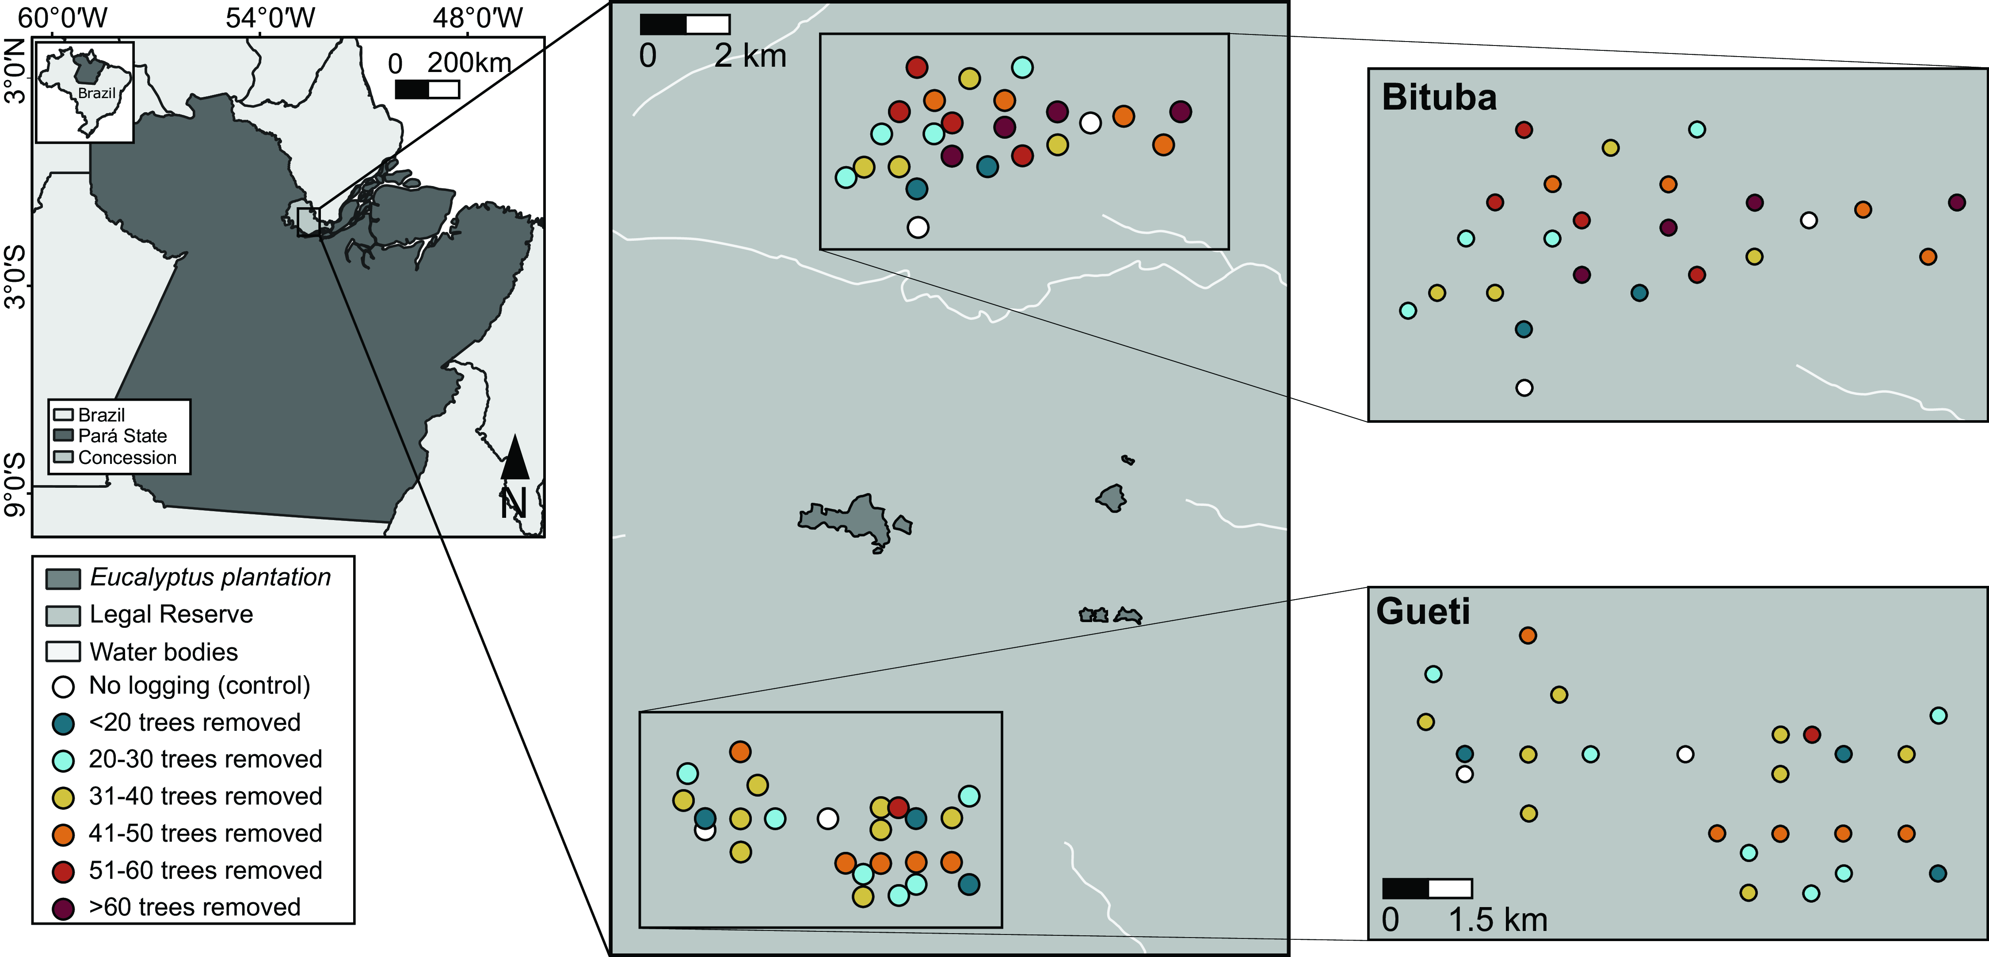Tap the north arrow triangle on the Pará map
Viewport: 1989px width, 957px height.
pyautogui.click(x=515, y=458)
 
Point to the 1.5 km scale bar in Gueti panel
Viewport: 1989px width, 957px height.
pyautogui.click(x=1427, y=889)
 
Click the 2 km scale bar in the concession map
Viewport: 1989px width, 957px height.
pyautogui.click(x=685, y=25)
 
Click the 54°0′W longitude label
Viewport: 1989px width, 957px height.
pyautogui.click(x=270, y=17)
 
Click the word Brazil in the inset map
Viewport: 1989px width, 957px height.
pyautogui.click(x=96, y=93)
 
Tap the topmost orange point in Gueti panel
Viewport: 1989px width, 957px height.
pyautogui.click(x=1527, y=635)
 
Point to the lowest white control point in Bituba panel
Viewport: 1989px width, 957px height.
pyautogui.click(x=1524, y=387)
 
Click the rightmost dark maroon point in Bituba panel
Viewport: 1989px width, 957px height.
pyautogui.click(x=1956, y=202)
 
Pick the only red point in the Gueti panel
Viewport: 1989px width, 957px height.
pyautogui.click(x=1811, y=735)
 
